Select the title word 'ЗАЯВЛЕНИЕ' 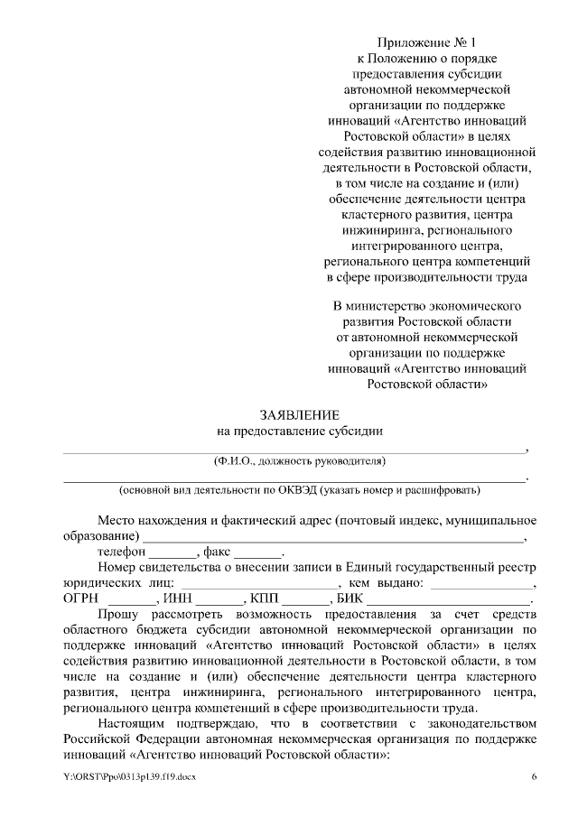click(x=299, y=415)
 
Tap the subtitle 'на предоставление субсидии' click(x=299, y=431)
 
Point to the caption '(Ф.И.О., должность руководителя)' click(x=299, y=461)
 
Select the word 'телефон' click(x=122, y=552)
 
